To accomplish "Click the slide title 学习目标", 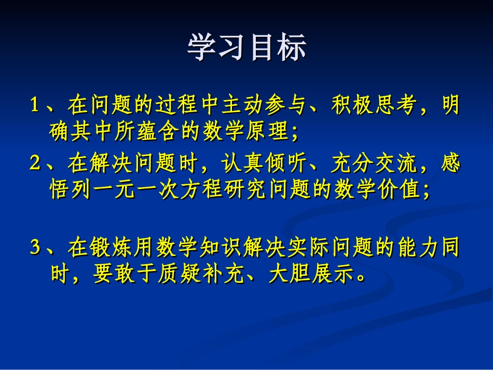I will (247, 48).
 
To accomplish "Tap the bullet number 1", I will (35, 106).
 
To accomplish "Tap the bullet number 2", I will (35, 165).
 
